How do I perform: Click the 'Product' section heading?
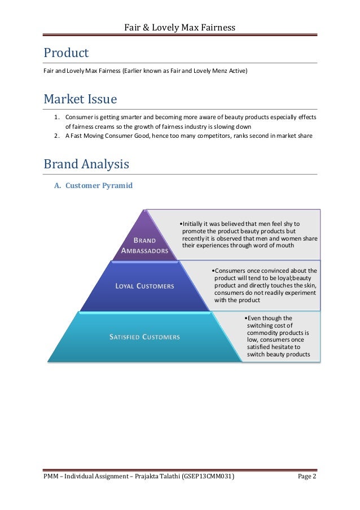66,53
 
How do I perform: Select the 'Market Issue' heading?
80,99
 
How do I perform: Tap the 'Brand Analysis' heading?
86,164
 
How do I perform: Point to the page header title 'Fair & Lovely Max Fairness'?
179,27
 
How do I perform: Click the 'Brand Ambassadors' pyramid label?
144,245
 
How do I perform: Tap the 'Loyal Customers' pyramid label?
144,286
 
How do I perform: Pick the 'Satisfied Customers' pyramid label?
144,337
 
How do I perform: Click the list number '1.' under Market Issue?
57,117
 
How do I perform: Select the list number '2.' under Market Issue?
57,136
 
